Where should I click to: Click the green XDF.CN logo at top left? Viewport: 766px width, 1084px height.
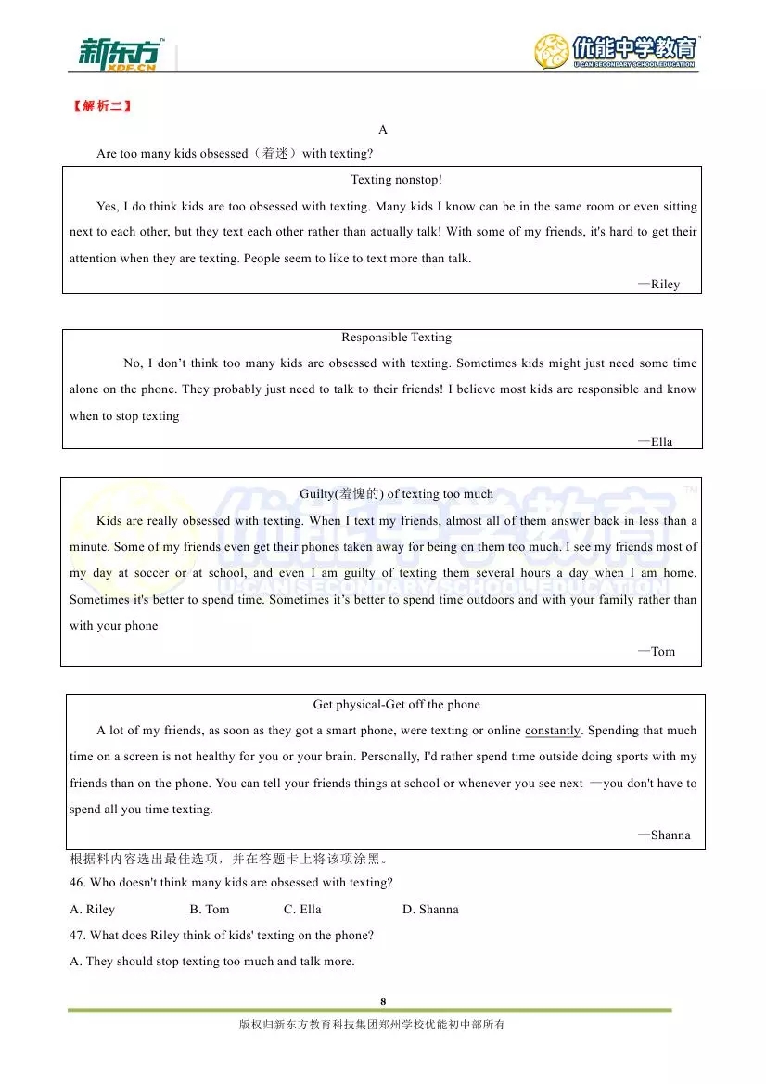tap(120, 55)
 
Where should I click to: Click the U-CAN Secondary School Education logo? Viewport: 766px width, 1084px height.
tap(617, 52)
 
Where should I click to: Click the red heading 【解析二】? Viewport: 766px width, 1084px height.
tap(101, 106)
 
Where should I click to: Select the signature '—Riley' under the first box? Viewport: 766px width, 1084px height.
tap(659, 285)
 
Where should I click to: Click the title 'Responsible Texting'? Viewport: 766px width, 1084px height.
tap(396, 338)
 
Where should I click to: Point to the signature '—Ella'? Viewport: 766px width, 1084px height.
tap(656, 442)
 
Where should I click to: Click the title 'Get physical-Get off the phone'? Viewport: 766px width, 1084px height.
tap(396, 705)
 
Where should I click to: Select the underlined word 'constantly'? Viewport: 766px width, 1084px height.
tap(553, 731)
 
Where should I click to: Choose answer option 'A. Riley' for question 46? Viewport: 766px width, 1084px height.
tap(93, 910)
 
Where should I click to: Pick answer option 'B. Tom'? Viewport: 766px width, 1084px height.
tap(210, 910)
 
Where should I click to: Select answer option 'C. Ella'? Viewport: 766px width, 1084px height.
tap(302, 910)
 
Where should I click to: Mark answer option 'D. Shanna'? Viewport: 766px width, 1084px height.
tap(430, 910)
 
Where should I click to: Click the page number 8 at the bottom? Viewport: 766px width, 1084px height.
tap(383, 1001)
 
